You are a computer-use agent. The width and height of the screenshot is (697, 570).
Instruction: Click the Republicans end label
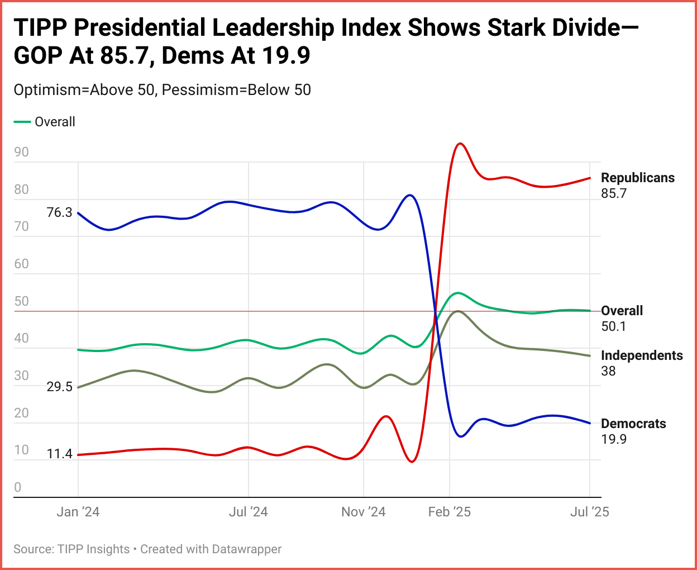coord(637,178)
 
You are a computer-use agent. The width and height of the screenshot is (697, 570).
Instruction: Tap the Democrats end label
coord(633,424)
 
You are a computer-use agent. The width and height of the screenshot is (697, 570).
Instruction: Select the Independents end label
coord(642,355)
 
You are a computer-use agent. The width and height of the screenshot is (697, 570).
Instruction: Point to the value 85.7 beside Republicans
coord(614,193)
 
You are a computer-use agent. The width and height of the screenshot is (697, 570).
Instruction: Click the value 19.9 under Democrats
coord(614,439)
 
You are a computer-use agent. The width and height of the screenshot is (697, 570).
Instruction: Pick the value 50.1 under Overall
coord(614,326)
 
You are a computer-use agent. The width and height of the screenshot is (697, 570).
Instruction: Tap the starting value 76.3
coord(60,212)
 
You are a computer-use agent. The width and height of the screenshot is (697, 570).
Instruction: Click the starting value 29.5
coord(60,387)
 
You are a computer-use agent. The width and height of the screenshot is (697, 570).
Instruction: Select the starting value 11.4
coord(60,454)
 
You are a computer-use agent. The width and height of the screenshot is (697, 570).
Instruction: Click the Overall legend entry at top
coord(54,122)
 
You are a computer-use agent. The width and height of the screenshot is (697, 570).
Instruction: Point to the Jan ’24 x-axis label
coord(78,512)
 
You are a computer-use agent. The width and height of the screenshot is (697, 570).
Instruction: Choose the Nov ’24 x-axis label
coord(364,512)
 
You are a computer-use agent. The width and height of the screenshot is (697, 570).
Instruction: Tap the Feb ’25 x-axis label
coord(450,512)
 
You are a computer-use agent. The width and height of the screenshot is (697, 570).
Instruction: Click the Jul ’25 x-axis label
coord(590,512)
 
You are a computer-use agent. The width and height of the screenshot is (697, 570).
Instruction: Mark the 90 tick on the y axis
coord(21,152)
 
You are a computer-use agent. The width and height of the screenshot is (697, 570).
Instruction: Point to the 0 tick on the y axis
coord(18,487)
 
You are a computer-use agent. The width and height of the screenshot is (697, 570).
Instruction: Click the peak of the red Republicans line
coord(460,144)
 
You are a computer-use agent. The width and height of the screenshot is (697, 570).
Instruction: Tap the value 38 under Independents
coord(608,371)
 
